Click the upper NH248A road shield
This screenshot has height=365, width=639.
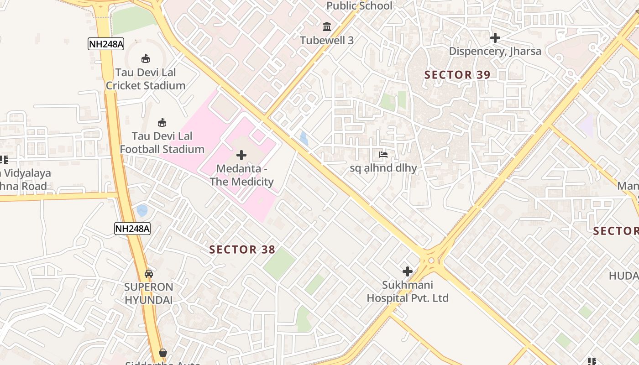[106, 44]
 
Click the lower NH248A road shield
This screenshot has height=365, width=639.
[132, 229]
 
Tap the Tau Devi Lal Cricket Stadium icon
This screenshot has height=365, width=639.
[146, 58]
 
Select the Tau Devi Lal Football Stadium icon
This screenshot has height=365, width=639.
[162, 122]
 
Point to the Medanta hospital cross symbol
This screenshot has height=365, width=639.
[241, 155]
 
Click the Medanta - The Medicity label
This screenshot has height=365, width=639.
[241, 175]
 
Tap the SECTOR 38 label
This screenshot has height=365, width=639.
[242, 250]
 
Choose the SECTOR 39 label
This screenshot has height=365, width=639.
[457, 75]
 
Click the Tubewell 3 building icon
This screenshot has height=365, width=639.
[327, 27]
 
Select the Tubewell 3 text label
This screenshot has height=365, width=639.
[327, 40]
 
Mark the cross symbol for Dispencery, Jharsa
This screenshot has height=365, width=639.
[495, 37]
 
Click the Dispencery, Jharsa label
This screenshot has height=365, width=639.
[495, 51]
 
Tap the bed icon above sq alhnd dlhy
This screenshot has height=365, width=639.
[383, 155]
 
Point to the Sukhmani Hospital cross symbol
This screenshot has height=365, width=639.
[408, 271]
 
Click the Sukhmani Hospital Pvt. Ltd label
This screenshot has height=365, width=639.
[408, 292]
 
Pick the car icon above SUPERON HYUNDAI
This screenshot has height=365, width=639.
[149, 274]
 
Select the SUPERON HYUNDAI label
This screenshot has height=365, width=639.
[149, 293]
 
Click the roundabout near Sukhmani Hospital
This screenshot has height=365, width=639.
[431, 261]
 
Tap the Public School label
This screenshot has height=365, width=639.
[360, 5]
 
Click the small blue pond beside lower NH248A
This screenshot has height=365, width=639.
[142, 210]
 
